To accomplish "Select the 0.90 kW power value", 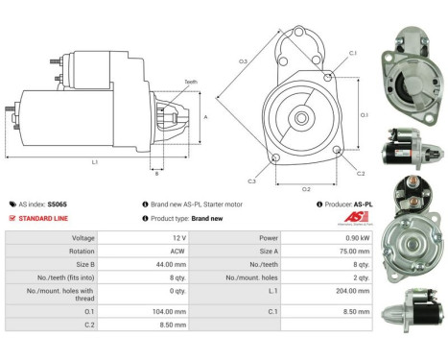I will (327, 236).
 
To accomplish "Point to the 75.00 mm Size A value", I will (325, 252).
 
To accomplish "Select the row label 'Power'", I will (242, 236).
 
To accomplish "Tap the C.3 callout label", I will (251, 180).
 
